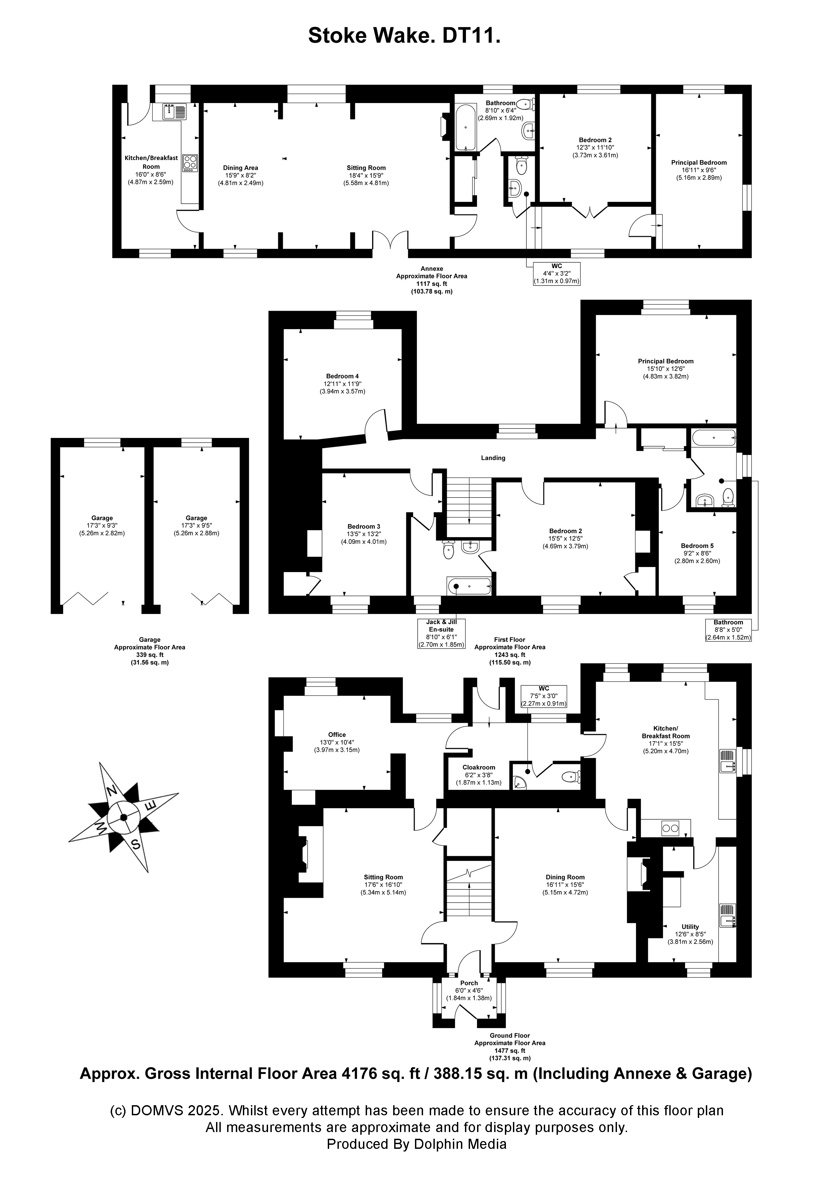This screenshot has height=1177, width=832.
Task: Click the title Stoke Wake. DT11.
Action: (404, 36)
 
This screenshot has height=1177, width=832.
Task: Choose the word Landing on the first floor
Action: (493, 458)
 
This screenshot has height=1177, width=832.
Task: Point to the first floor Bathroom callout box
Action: (728, 630)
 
